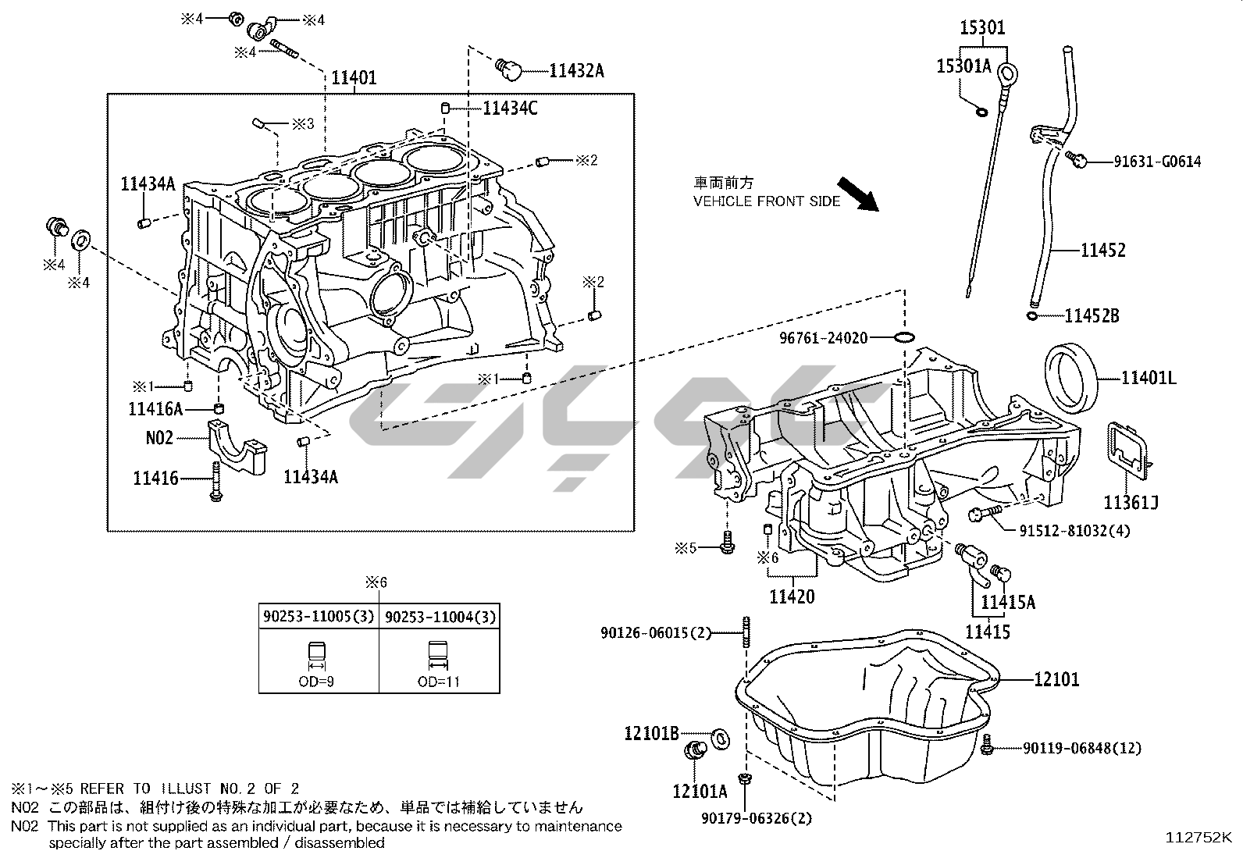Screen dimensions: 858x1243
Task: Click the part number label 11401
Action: tap(354, 78)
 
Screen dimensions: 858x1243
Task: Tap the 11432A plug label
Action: tap(576, 71)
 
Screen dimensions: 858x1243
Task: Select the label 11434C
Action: tap(510, 109)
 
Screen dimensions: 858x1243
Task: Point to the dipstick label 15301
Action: tap(982, 28)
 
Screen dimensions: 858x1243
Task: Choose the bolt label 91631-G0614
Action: tap(1157, 162)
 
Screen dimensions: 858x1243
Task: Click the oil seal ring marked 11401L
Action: tap(1068, 377)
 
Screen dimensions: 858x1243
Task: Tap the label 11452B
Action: tap(1092, 316)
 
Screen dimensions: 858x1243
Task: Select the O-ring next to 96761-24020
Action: tap(903, 337)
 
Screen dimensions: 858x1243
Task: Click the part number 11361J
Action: tap(1130, 501)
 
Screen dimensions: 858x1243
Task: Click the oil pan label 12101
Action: tap(1056, 679)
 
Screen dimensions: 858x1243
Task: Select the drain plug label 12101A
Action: tap(700, 791)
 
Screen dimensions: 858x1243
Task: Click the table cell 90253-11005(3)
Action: tap(319, 618)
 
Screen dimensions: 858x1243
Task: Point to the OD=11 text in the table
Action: tap(439, 682)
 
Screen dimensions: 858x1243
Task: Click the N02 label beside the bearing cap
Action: tap(159, 438)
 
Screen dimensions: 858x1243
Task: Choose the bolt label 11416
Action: tap(155, 479)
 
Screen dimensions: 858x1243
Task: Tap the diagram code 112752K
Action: tap(1198, 838)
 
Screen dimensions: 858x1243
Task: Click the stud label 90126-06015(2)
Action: tap(657, 632)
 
